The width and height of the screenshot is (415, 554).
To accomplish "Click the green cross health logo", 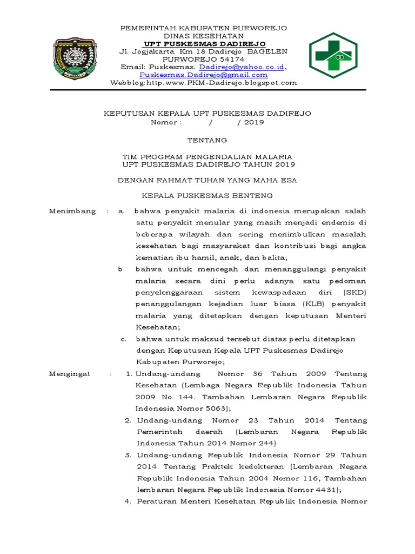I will (x=333, y=55).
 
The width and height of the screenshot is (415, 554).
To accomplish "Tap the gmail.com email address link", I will (x=204, y=75).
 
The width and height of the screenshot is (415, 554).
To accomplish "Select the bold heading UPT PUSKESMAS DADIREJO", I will (x=204, y=43).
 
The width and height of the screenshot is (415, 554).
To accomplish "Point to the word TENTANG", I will (x=207, y=140).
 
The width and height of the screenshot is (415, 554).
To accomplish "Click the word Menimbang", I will (x=72, y=210).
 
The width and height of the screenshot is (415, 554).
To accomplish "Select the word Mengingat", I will (x=70, y=374).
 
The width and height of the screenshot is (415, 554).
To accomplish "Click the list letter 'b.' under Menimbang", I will (x=122, y=269).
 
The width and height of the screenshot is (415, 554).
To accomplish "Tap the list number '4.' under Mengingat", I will (x=128, y=502).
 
